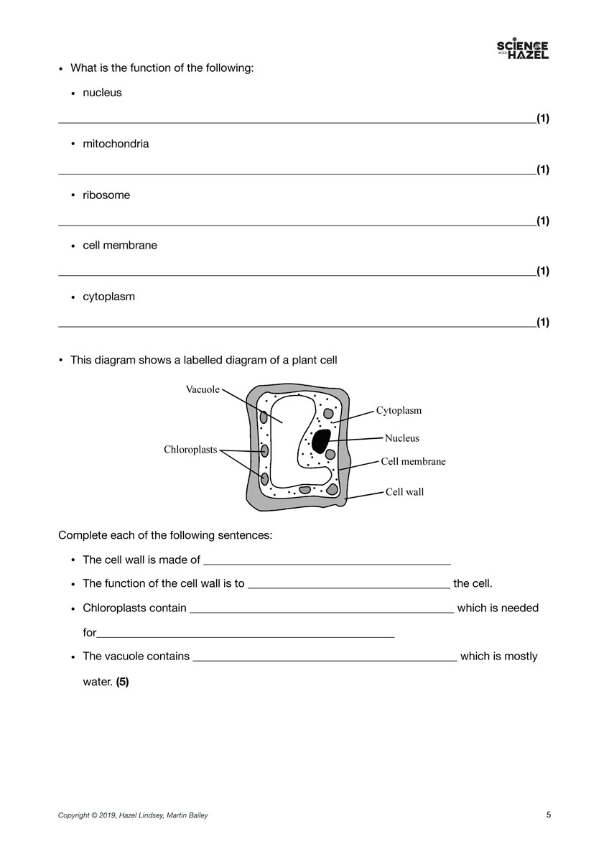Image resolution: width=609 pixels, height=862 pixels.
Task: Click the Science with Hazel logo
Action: (522, 50)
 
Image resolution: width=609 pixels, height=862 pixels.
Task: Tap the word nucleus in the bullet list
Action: (102, 93)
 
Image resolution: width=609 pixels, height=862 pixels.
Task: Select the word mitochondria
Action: (116, 144)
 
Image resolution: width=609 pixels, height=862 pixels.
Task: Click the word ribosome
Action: (106, 195)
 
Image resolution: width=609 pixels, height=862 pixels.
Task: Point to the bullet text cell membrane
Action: (119, 245)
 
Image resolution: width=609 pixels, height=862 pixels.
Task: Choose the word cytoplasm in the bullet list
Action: (108, 296)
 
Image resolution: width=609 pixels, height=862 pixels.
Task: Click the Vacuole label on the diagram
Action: (203, 389)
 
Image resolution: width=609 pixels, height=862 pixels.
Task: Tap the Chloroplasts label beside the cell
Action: (190, 450)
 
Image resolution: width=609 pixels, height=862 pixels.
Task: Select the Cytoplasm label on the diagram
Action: (399, 411)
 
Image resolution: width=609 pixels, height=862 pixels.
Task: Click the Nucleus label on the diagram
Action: (401, 438)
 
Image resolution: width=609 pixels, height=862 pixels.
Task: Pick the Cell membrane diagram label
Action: (413, 461)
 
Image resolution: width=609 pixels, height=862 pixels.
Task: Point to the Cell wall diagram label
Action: (404, 492)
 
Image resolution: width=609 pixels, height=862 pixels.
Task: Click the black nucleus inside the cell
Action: (320, 440)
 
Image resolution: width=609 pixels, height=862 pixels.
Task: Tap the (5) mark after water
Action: (122, 682)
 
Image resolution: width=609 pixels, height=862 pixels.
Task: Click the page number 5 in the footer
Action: (549, 815)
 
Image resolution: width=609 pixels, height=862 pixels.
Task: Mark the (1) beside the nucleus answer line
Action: (543, 119)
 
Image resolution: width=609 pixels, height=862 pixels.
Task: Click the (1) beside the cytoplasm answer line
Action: (543, 322)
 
